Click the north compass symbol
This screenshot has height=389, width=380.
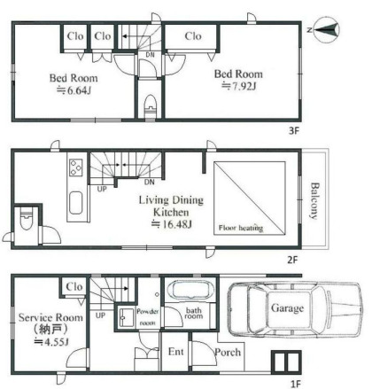click(326, 29)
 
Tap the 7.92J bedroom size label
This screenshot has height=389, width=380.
click(239, 86)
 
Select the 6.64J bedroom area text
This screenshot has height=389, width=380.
click(74, 90)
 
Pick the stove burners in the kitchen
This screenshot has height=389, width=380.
click(76, 167)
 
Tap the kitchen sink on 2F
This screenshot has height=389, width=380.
click(76, 203)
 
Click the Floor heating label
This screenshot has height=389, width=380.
click(241, 228)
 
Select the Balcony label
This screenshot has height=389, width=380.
click(314, 201)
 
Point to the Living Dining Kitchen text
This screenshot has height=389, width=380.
click(171, 206)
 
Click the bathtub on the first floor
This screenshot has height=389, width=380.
click(190, 290)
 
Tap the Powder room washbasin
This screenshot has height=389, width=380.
click(126, 317)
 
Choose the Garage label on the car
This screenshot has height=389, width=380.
click(287, 308)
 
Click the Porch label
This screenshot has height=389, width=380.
click(228, 352)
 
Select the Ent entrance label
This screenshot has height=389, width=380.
click(175, 352)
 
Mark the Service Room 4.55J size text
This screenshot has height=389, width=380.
click(51, 342)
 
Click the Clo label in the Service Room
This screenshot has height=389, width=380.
click(74, 286)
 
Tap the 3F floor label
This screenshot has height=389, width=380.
click(294, 130)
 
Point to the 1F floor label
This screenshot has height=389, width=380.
click(295, 384)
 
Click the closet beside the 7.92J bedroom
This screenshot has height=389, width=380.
click(192, 37)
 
